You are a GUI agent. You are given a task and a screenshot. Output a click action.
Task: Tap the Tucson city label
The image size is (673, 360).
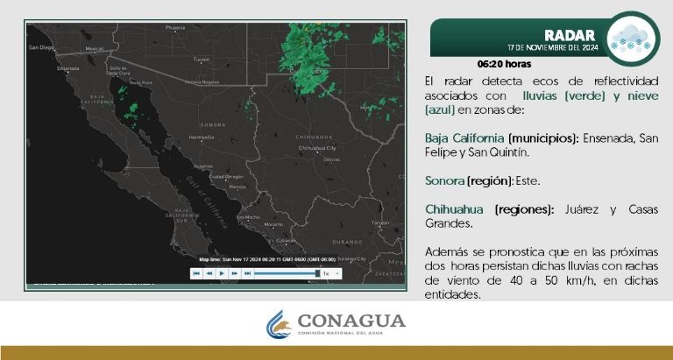click(x=202, y=60)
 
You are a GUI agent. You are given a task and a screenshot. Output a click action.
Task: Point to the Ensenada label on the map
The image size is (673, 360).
click(x=67, y=67)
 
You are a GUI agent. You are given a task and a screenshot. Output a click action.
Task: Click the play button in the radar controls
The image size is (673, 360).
click(x=223, y=273)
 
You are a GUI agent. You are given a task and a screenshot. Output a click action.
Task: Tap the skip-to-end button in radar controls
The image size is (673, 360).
click(x=248, y=273)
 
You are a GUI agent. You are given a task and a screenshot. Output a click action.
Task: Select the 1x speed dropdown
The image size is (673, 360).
click(x=329, y=273)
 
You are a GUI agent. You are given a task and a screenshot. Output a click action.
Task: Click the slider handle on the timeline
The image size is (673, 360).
click(x=317, y=273)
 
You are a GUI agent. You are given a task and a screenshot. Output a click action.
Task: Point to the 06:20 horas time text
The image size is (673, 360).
click(x=504, y=64)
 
